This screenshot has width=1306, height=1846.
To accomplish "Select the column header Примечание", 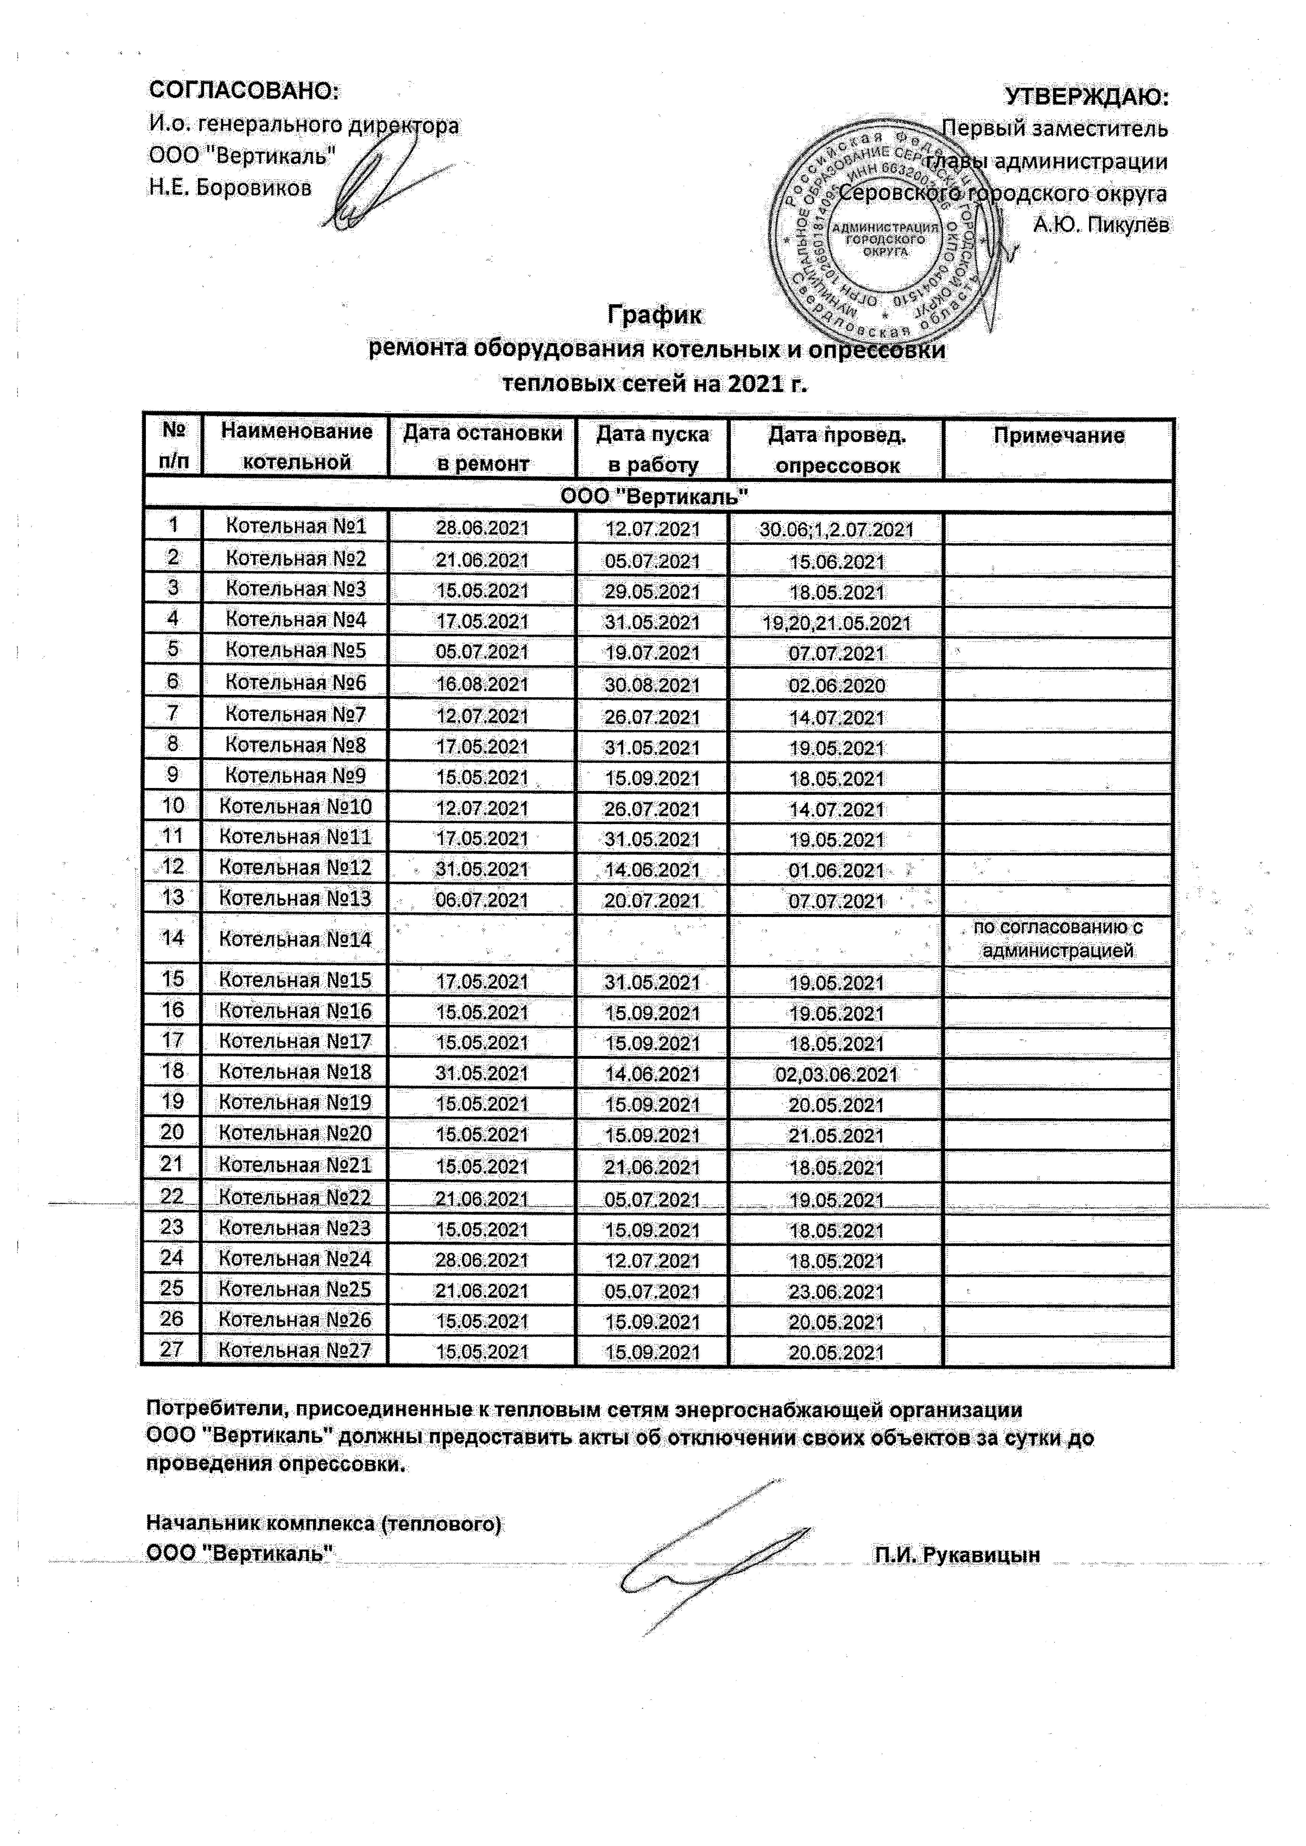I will tap(1058, 436).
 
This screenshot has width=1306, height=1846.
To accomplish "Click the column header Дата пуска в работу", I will tap(652, 449).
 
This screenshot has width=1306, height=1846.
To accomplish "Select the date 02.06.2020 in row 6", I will tap(836, 686).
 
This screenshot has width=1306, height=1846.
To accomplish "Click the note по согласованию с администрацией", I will tap(1058, 938).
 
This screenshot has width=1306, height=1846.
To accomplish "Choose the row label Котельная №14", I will tap(295, 939).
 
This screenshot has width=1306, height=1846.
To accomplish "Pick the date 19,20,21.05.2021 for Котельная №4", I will tap(836, 623).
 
